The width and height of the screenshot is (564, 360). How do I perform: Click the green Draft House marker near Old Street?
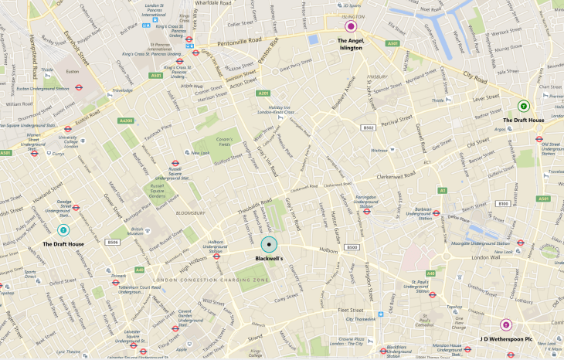pos(524,106)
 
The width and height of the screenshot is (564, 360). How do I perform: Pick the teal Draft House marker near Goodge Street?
pos(63,229)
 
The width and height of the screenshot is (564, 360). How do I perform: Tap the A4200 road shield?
pos(126,121)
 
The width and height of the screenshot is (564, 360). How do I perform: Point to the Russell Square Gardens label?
pos(157,191)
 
